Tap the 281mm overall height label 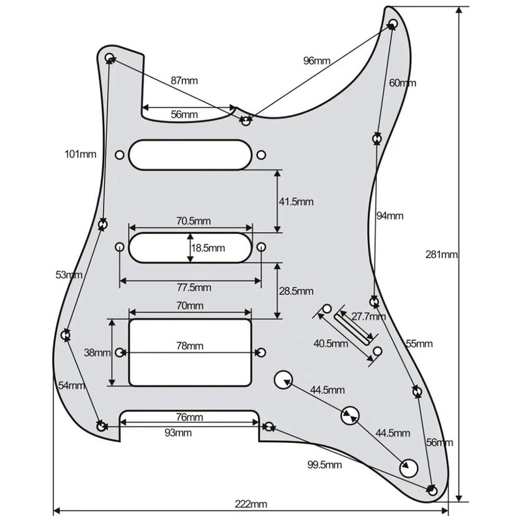[446, 254]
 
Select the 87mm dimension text [184, 81]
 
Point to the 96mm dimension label [317, 61]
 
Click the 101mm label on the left [80, 154]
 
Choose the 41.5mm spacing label [296, 202]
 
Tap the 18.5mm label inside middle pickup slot [208, 248]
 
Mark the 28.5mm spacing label [296, 290]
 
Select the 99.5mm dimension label [325, 464]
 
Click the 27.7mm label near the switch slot [369, 317]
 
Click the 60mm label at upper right [402, 83]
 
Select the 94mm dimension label [390, 216]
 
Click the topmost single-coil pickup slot [190, 154]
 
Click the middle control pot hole [349, 414]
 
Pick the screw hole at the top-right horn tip [393, 23]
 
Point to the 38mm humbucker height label [98, 353]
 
